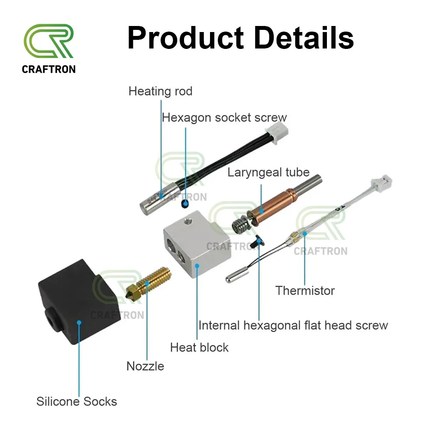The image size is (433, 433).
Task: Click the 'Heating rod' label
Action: click(161, 91)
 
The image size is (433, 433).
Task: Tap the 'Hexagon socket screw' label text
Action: click(224, 118)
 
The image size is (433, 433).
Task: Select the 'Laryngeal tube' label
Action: click(268, 173)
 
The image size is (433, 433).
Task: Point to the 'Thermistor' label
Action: click(305, 291)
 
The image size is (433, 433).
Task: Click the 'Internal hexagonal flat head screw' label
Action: click(293, 325)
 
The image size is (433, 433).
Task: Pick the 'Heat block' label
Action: click(199, 347)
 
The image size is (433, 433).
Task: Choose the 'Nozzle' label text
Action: click(145, 366)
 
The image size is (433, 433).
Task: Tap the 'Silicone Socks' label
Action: click(77, 401)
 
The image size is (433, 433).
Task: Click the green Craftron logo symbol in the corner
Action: click(48, 41)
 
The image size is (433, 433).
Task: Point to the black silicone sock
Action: click(79, 302)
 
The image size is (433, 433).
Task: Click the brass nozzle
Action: click(148, 284)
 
